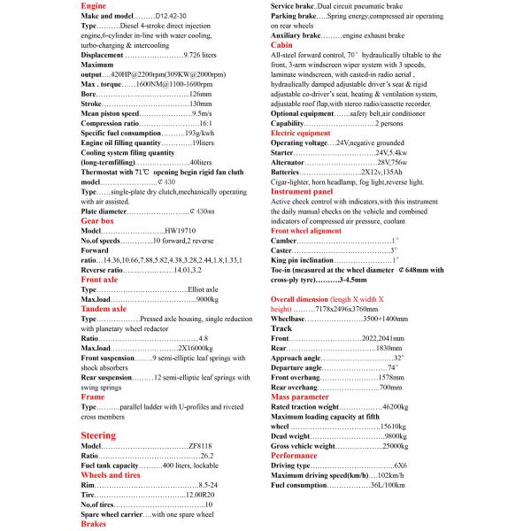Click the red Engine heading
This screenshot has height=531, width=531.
(x=94, y=5)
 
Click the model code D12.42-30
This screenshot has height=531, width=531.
(x=173, y=17)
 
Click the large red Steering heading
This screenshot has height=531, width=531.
(x=98, y=435)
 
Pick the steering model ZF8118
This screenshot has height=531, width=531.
(x=200, y=446)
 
